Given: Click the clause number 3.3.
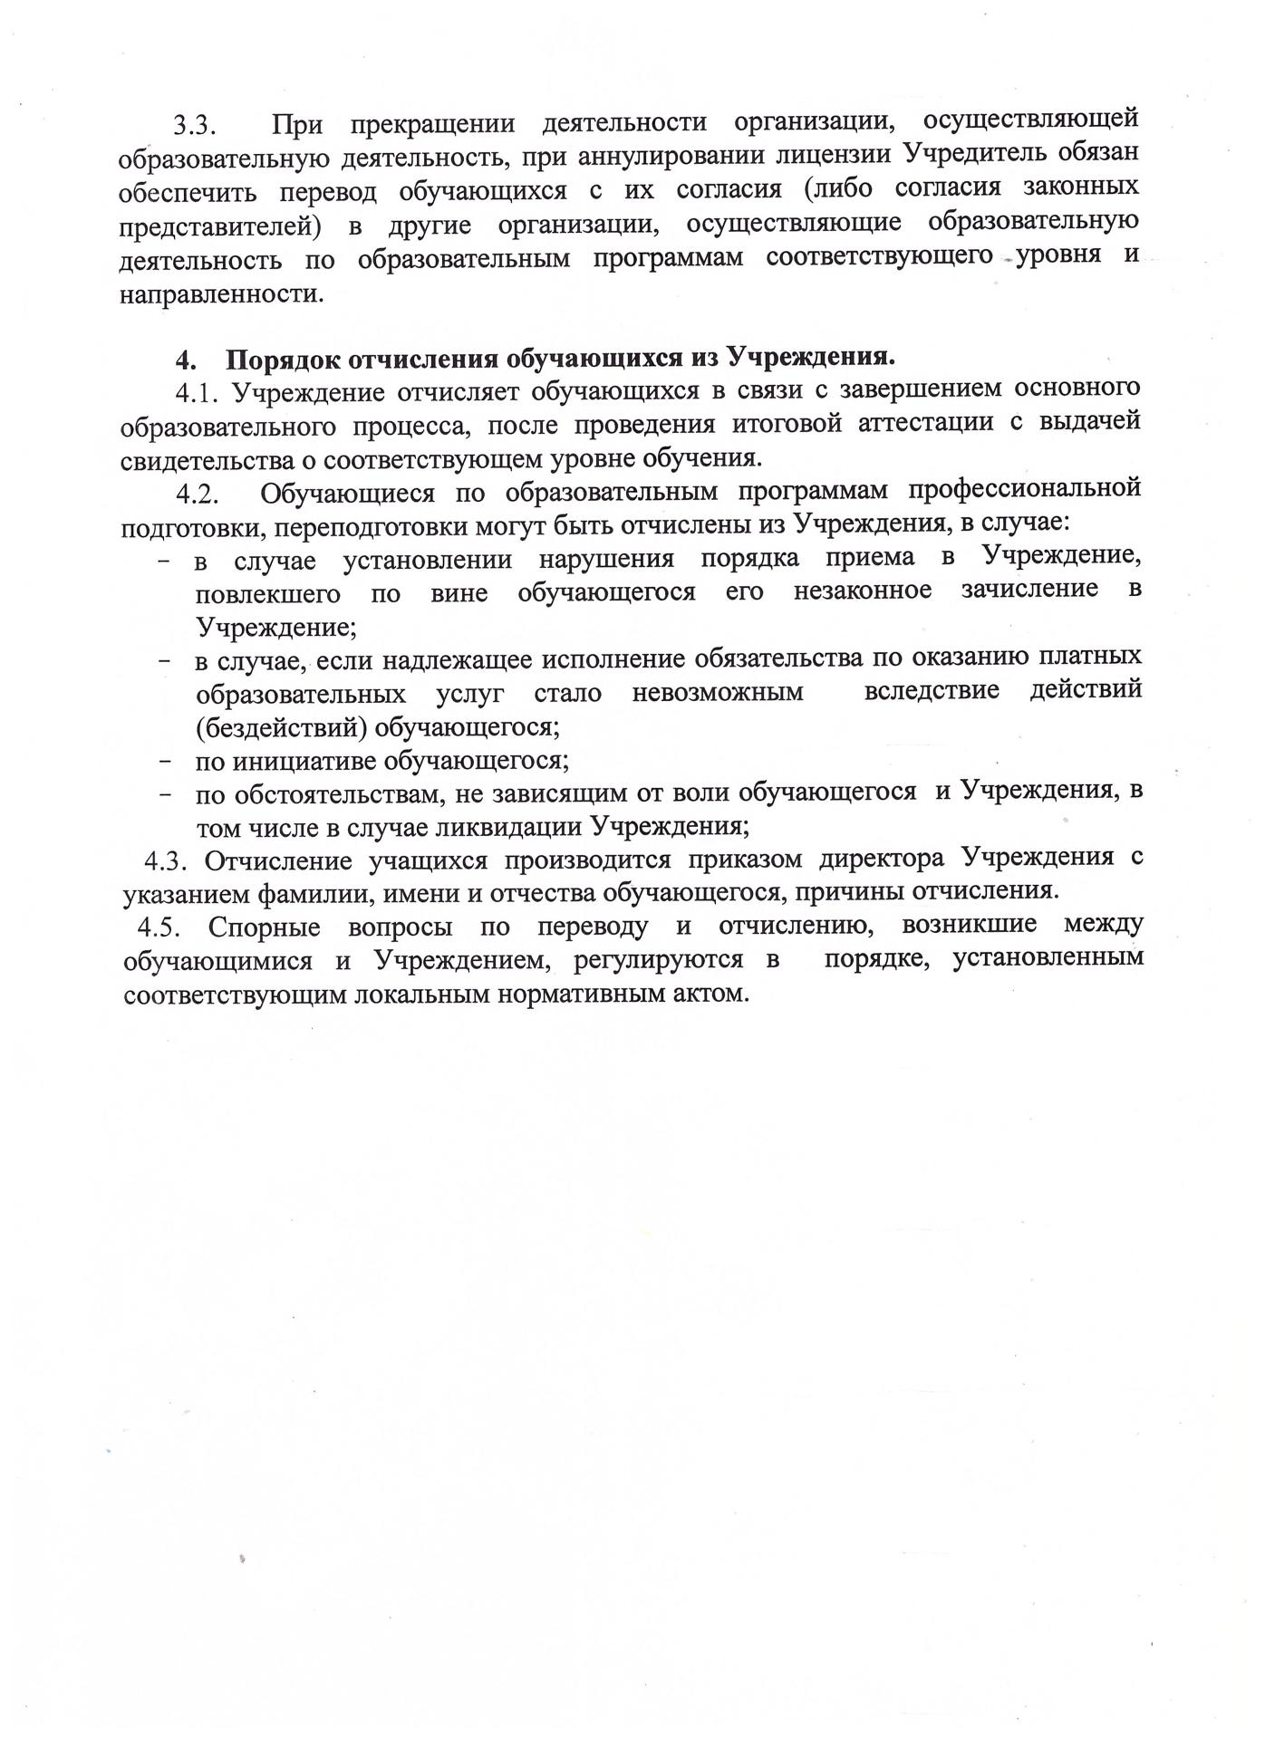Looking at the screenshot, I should (x=196, y=124).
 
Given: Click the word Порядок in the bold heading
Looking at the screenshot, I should (x=281, y=359).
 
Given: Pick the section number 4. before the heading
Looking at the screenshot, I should (x=185, y=360).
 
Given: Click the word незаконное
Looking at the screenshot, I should (x=863, y=591).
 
